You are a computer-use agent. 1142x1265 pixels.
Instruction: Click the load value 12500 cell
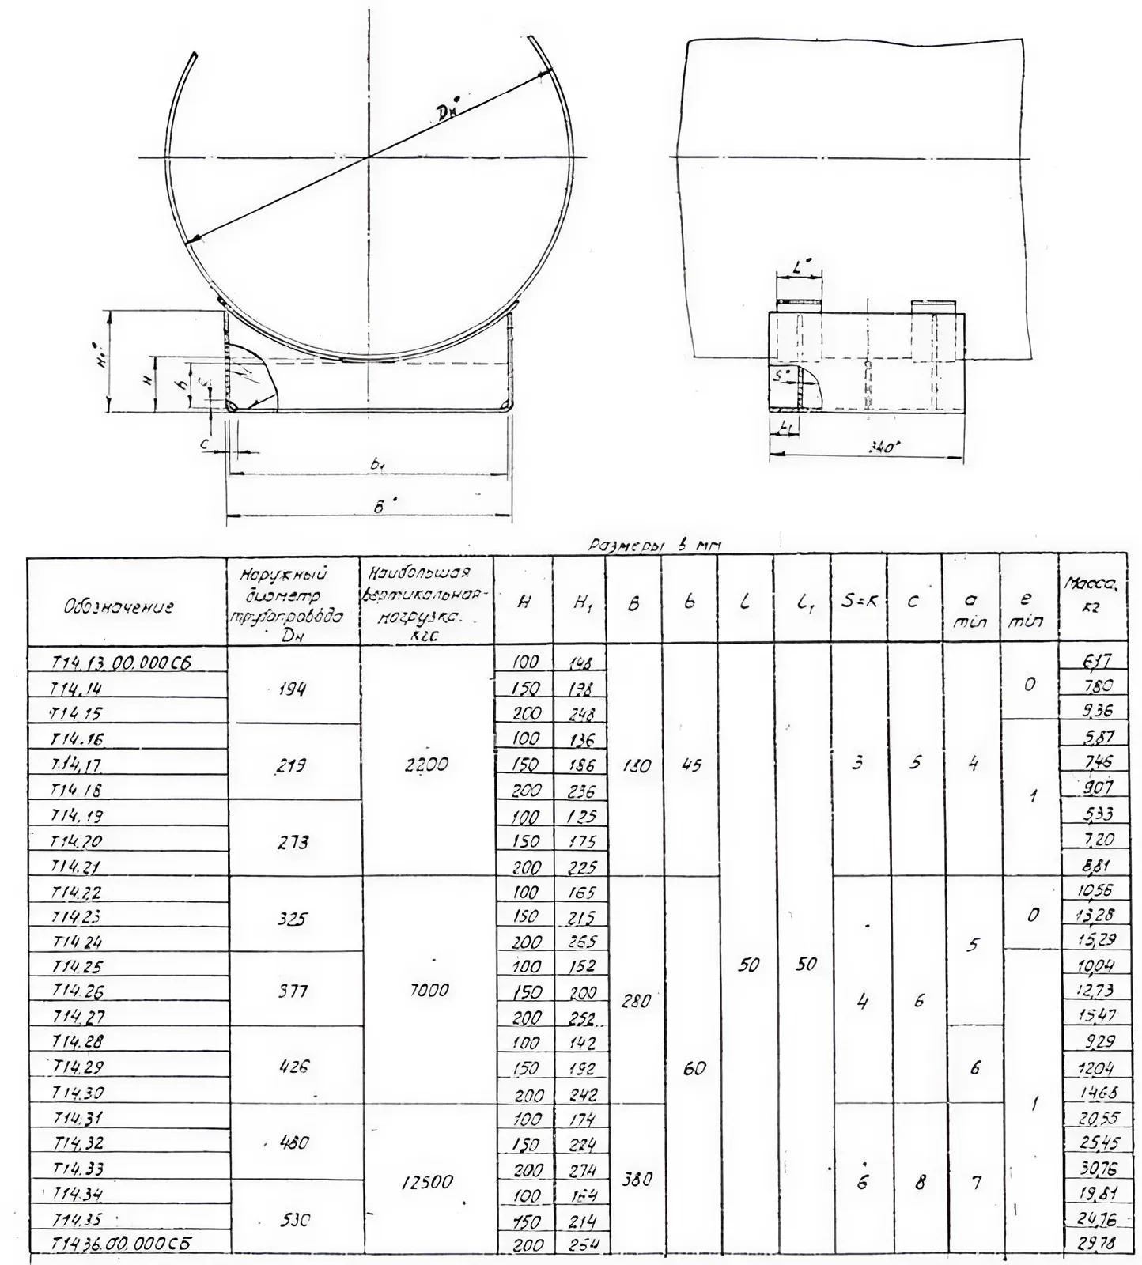pos(426,1181)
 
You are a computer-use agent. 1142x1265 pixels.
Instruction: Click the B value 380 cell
pos(636,1178)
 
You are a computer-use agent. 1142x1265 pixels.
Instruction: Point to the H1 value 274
pos(581,1169)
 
